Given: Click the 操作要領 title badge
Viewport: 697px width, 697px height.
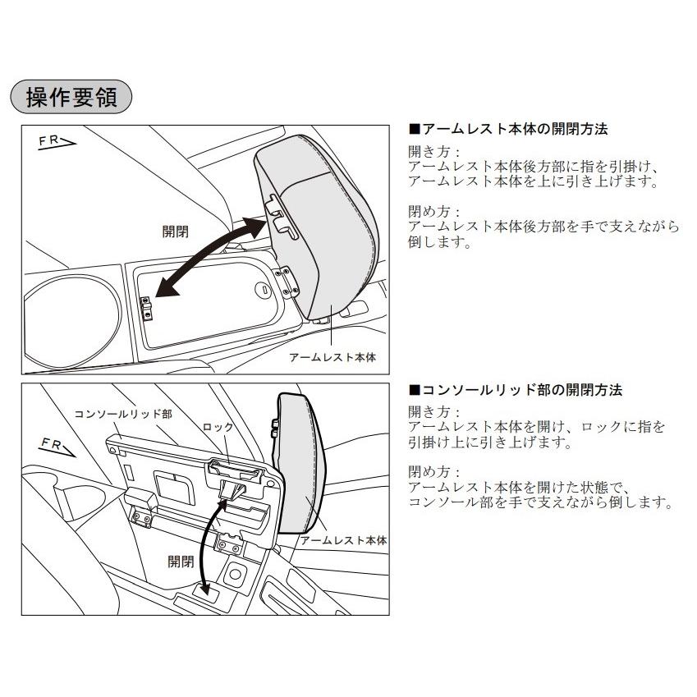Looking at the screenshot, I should click(71, 98).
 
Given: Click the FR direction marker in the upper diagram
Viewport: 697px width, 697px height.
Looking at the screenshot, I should click(57, 144).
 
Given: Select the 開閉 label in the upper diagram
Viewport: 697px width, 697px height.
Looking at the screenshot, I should click(175, 232).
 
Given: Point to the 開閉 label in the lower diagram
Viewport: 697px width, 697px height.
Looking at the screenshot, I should click(181, 562).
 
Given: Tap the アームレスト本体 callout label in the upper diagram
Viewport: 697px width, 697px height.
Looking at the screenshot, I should click(332, 358).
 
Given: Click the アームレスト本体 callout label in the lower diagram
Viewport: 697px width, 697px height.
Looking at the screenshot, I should click(343, 542).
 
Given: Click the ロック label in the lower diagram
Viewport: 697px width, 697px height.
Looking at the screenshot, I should click(218, 428).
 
